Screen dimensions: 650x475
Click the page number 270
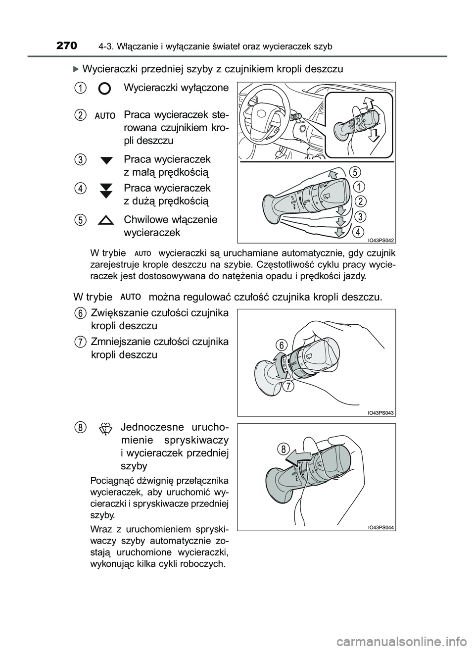tap(67, 46)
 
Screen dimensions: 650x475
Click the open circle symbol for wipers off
tap(104, 89)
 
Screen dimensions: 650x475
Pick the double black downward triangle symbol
tap(106, 190)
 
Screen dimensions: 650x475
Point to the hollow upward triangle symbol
tap(106, 220)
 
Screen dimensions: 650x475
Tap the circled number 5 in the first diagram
tap(355, 172)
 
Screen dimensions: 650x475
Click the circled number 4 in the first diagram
tap(359, 231)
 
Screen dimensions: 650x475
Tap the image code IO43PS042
tap(380, 240)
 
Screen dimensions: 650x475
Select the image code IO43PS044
tap(380, 527)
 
